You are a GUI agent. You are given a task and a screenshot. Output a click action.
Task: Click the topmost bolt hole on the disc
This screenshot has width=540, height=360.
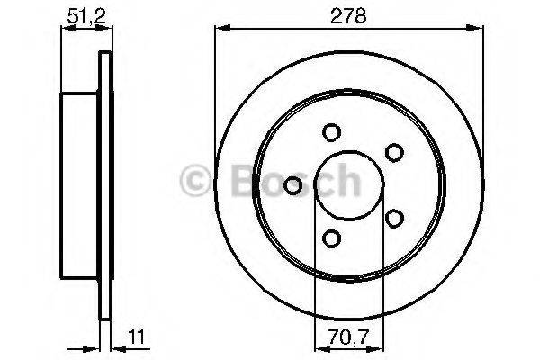click(331, 132)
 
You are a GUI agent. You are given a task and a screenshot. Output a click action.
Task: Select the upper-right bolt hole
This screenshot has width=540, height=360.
click(392, 152)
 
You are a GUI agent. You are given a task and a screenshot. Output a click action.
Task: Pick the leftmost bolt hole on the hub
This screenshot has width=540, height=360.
click(292, 185)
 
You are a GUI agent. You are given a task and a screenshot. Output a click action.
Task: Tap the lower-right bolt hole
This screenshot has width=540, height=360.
click(392, 218)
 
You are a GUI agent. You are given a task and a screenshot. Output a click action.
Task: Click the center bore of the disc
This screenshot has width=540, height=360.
click(342, 185)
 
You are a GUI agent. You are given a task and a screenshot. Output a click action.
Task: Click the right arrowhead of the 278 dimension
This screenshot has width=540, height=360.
click(474, 30)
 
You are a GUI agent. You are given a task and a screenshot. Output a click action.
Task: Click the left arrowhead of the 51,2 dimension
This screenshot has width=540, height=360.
click(65, 30)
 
